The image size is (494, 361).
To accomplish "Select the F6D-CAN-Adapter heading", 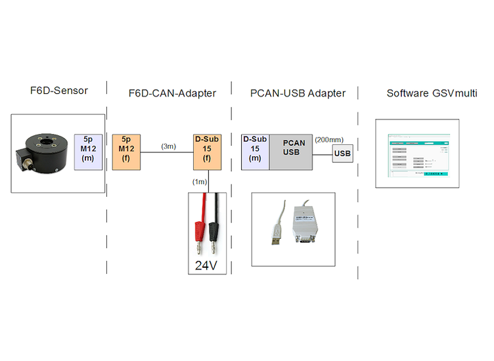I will pyautogui.click(x=171, y=93).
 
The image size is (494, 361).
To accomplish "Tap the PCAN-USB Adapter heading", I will pyautogui.click(x=298, y=93).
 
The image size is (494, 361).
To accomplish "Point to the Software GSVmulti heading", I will pyautogui.click(x=432, y=93).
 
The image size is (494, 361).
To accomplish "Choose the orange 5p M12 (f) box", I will pyautogui.click(x=126, y=152).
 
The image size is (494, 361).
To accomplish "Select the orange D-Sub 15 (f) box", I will pyautogui.click(x=208, y=152).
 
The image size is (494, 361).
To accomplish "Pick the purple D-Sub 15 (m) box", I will pyautogui.click(x=256, y=152).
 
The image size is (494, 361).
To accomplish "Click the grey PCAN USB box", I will pyautogui.click(x=291, y=152).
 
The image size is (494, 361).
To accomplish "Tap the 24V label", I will pyautogui.click(x=208, y=265).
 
